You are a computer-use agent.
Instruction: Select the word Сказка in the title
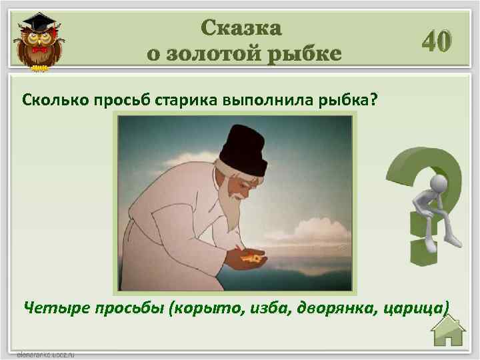[242, 27]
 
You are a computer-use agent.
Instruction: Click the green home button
[447, 331]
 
